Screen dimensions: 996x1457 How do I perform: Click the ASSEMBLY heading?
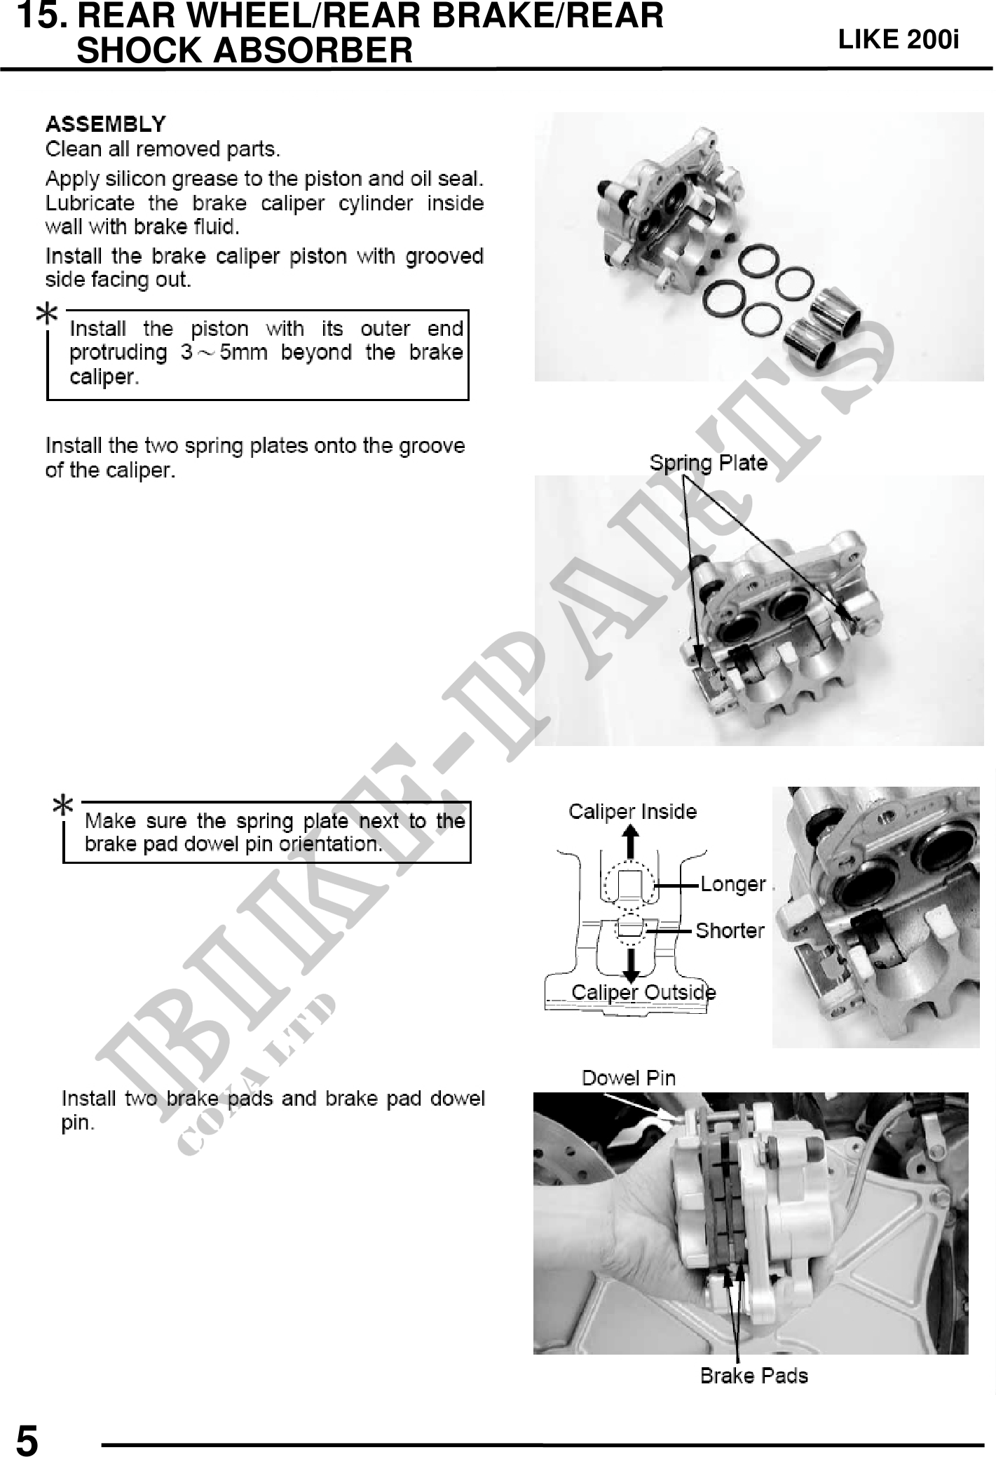(106, 125)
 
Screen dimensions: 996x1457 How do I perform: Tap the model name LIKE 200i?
(899, 41)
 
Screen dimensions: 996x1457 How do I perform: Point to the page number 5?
(27, 1442)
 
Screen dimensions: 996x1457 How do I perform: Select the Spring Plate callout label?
(708, 463)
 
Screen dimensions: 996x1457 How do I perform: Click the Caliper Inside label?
(632, 811)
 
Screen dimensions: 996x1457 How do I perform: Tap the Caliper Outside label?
(643, 992)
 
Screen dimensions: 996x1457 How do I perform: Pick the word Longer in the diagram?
(733, 885)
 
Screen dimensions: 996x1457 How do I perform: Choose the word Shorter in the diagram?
(730, 930)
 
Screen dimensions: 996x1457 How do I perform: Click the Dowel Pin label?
(629, 1078)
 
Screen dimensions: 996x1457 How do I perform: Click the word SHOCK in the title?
(137, 50)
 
